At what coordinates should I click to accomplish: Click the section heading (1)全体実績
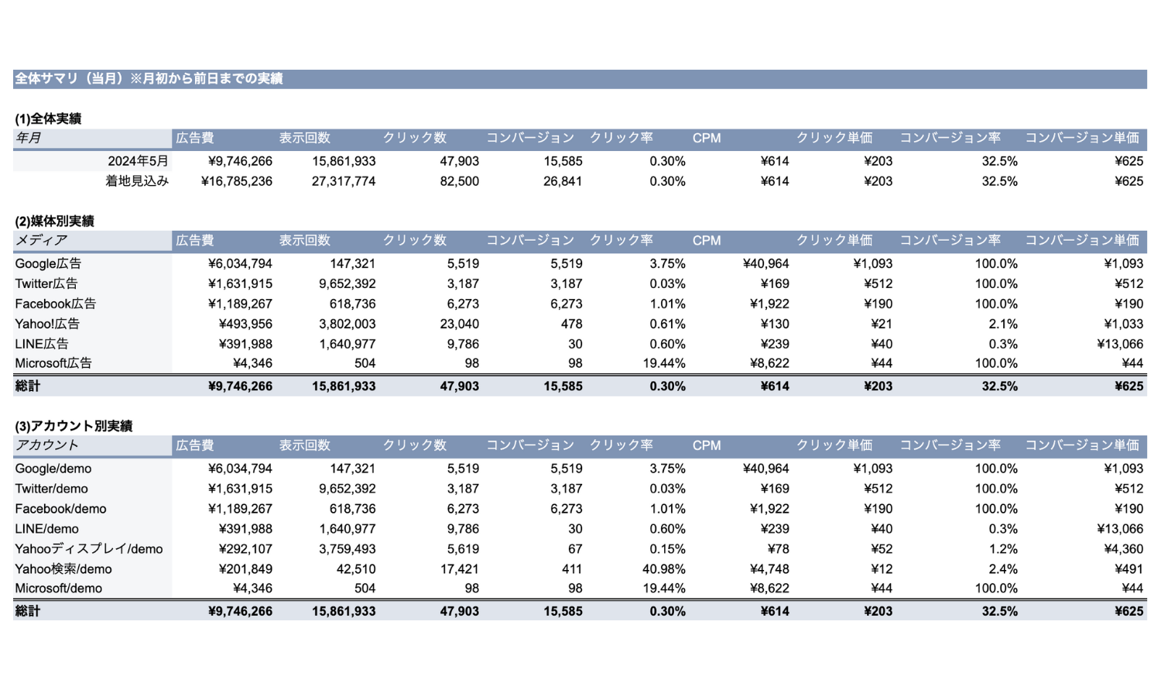(48, 118)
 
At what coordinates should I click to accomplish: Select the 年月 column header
(28, 138)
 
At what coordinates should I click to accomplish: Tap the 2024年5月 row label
(138, 161)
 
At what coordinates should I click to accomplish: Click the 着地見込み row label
(137, 181)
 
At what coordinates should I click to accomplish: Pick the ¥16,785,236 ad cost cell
(237, 181)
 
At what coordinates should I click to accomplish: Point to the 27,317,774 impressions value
(344, 181)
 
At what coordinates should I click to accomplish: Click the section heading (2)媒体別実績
(54, 221)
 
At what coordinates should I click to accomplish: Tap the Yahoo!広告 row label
(47, 324)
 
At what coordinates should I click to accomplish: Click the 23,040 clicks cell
(460, 324)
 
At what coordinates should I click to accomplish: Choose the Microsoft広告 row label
(53, 363)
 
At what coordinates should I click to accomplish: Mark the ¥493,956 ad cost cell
(245, 324)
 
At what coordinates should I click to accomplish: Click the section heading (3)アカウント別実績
(74, 426)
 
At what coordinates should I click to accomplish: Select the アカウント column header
(46, 445)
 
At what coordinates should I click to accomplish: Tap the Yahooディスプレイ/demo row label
(89, 548)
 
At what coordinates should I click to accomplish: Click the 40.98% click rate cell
(664, 569)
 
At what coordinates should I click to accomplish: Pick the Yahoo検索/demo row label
(63, 569)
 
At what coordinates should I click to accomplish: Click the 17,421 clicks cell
(460, 569)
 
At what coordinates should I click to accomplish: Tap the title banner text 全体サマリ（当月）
(69, 79)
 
